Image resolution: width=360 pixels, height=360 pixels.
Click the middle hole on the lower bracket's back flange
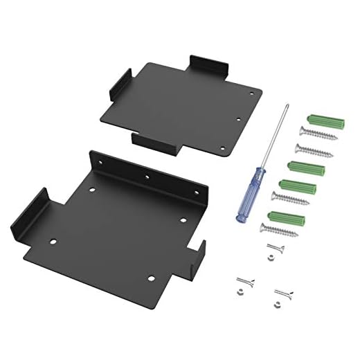[147, 177]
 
